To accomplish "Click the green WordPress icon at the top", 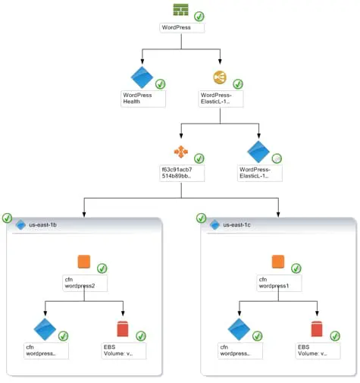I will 180,10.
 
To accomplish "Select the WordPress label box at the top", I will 182,27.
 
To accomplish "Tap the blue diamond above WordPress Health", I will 142,78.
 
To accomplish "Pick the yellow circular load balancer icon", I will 220,77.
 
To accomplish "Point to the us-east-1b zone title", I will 44,225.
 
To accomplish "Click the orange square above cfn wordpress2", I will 84,262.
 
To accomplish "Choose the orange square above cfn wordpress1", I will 278,262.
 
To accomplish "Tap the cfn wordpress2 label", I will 84,283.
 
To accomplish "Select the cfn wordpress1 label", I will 278,283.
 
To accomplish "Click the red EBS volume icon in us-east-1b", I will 123,329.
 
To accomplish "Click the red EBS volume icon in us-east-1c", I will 317,329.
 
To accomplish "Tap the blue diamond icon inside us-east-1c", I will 239,328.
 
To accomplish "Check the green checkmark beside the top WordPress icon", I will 199,16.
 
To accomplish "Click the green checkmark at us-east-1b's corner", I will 8,218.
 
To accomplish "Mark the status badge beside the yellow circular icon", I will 238,83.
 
